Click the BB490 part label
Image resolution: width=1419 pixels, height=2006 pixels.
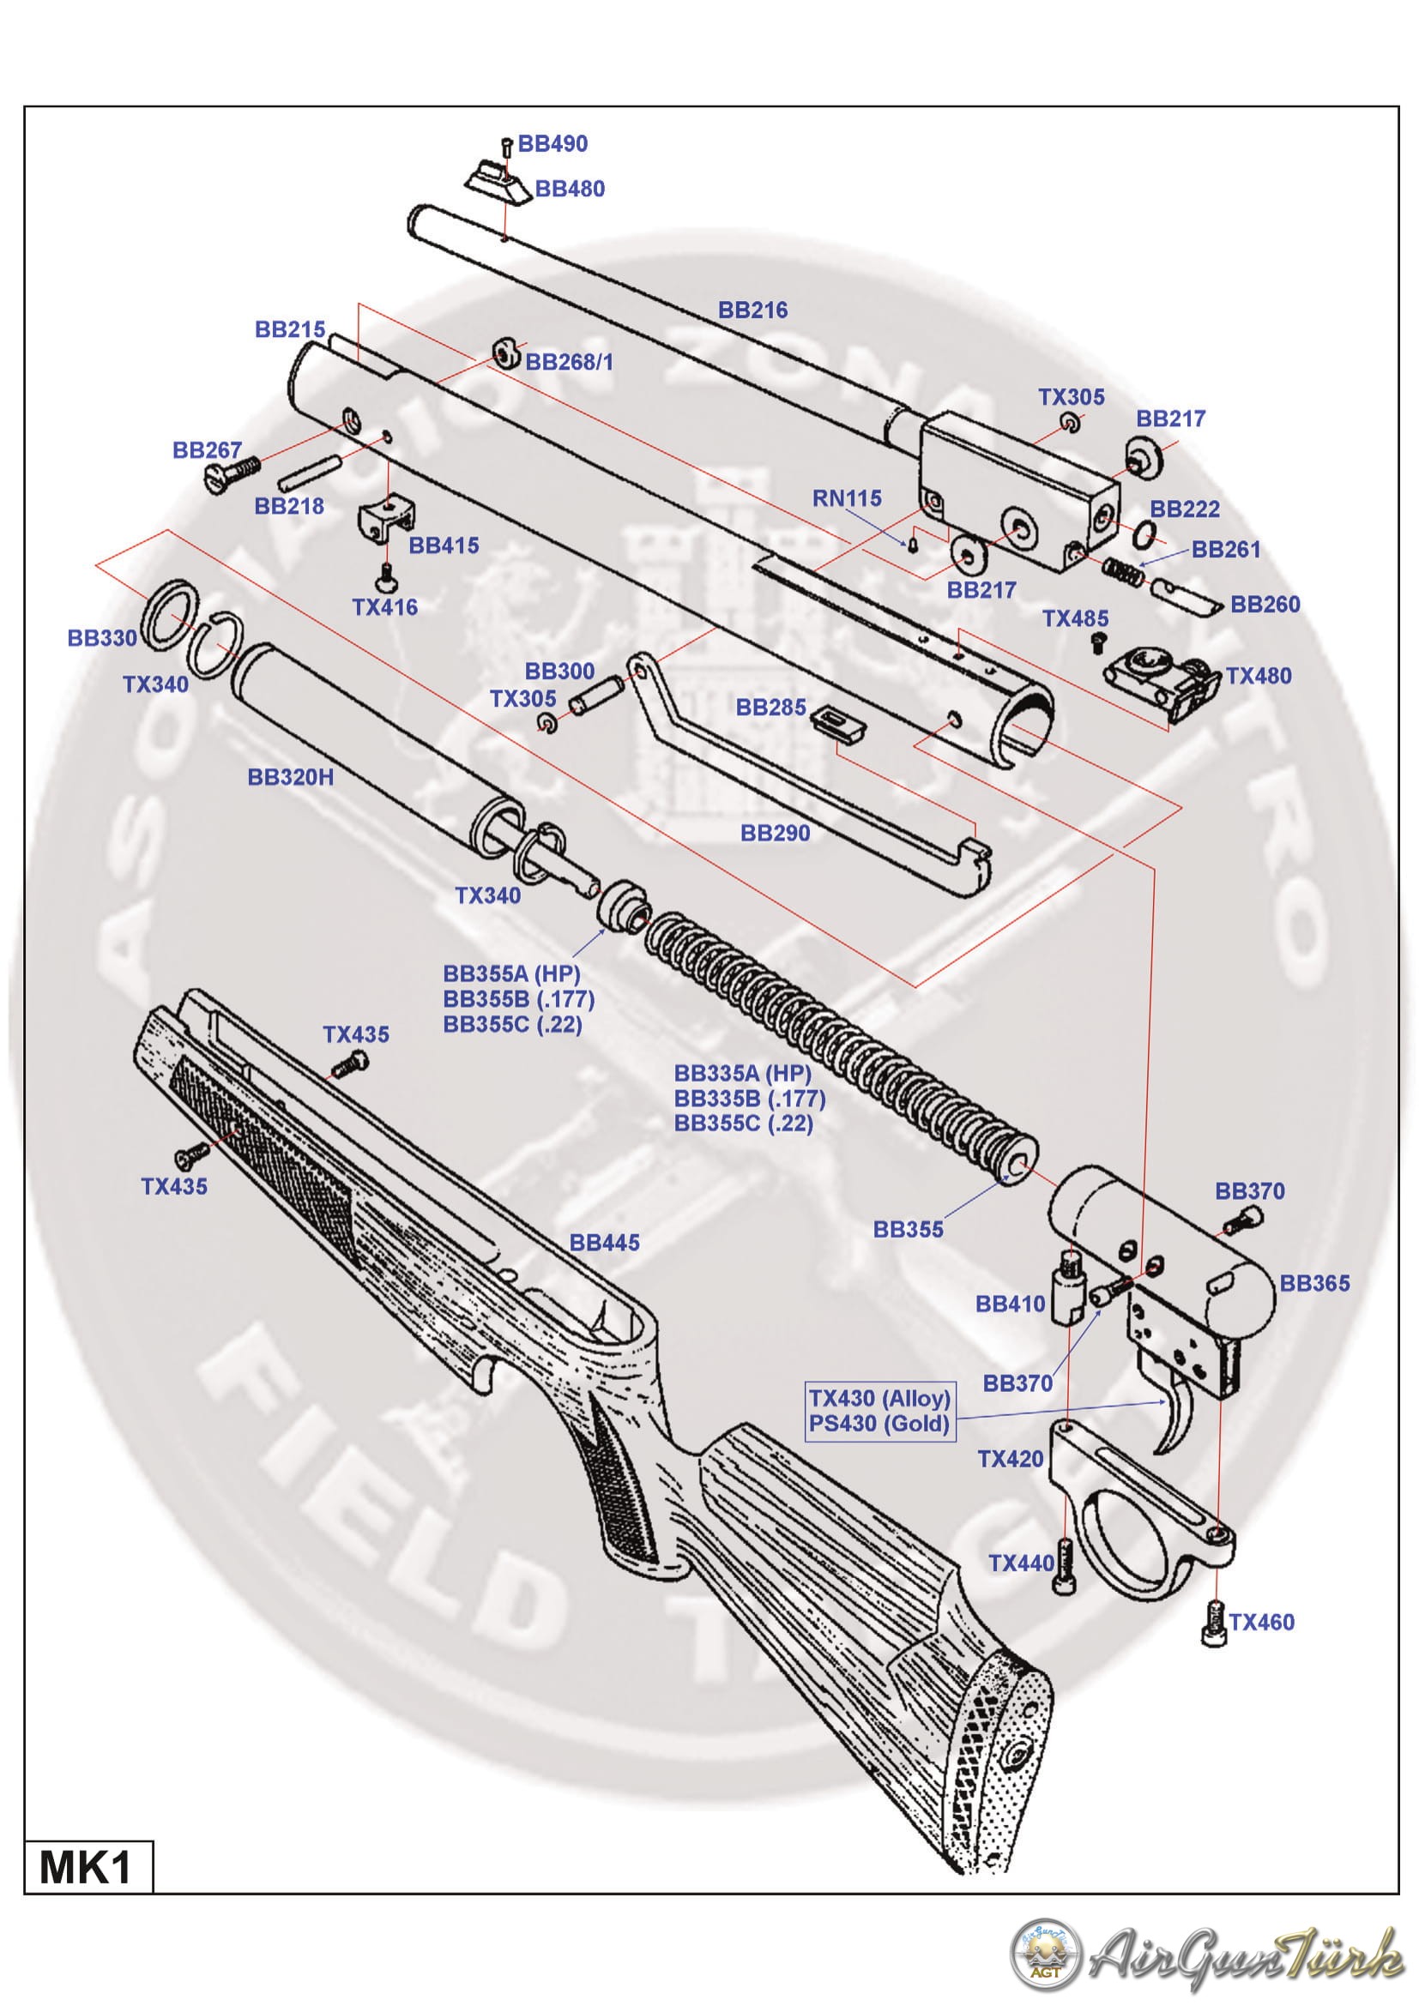click(x=553, y=143)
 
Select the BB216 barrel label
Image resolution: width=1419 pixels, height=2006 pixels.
click(x=752, y=310)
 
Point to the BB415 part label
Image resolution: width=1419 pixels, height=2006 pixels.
click(x=444, y=545)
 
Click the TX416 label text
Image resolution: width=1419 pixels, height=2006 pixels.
click(x=384, y=606)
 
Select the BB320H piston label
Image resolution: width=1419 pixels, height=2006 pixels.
click(x=290, y=777)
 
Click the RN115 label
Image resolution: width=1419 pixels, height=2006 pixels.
click(x=847, y=498)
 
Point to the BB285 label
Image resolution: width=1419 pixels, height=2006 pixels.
click(x=770, y=707)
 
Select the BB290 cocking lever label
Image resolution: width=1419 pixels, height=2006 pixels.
click(x=775, y=833)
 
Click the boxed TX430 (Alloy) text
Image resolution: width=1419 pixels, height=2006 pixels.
click(x=879, y=1398)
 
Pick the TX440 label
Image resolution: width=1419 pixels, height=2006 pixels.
click(x=1021, y=1563)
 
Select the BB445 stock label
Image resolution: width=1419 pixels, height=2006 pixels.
click(x=604, y=1242)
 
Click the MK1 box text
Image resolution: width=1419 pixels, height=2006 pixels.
click(x=86, y=1868)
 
